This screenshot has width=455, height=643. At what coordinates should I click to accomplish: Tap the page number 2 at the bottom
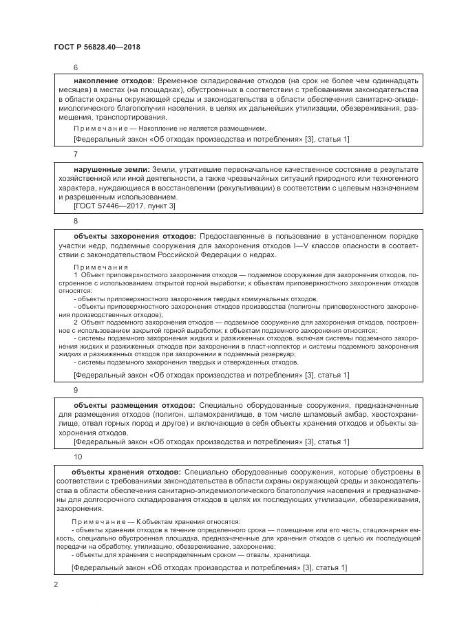[56, 585]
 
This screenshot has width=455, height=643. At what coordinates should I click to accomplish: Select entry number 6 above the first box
[76, 67]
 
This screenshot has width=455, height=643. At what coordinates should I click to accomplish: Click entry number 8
[76, 221]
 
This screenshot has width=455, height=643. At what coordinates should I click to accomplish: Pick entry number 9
[76, 390]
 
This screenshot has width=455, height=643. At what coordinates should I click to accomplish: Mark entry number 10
[77, 456]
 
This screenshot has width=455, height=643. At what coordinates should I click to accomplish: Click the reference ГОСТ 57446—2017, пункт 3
[125, 206]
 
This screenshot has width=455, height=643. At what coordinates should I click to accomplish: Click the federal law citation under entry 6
[211, 140]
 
